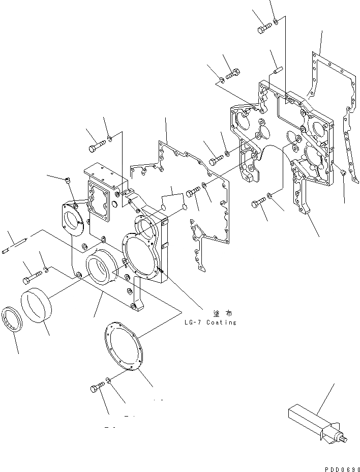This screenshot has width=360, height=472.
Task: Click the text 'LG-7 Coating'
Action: [211, 322]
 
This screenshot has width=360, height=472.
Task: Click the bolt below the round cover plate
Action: [97, 388]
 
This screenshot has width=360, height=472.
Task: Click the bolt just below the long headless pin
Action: [32, 276]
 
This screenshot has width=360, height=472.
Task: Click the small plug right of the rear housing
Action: [344, 174]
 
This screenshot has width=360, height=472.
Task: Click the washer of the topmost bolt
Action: [276, 22]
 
